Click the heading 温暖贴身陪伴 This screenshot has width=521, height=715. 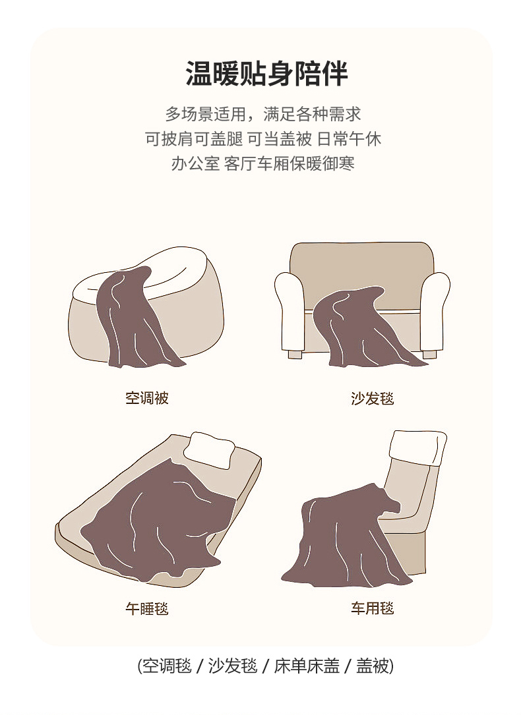click(267, 73)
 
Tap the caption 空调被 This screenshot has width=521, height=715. click(147, 398)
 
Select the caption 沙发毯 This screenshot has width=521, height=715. click(372, 399)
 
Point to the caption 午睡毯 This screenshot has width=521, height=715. click(147, 608)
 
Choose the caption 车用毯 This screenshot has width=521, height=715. click(372, 608)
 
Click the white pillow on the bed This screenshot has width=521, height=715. click(210, 449)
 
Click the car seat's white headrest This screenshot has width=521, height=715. click(417, 447)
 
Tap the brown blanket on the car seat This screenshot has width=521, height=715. click(342, 538)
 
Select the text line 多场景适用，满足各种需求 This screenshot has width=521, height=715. click(263, 114)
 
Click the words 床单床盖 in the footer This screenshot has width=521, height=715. click(307, 666)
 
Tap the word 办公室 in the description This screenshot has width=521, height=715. click(196, 163)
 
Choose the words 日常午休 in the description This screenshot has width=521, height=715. click(349, 138)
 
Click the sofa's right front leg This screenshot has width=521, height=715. click(429, 354)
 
